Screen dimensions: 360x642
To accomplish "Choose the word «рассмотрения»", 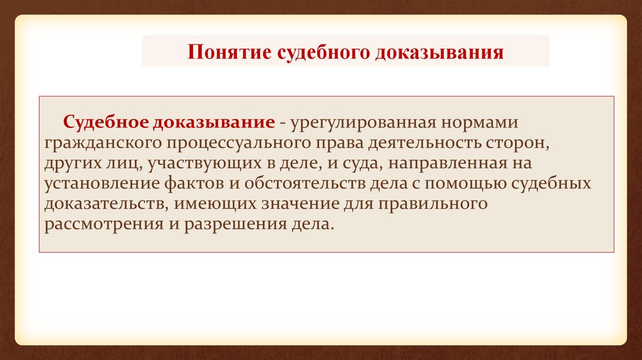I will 103,225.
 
